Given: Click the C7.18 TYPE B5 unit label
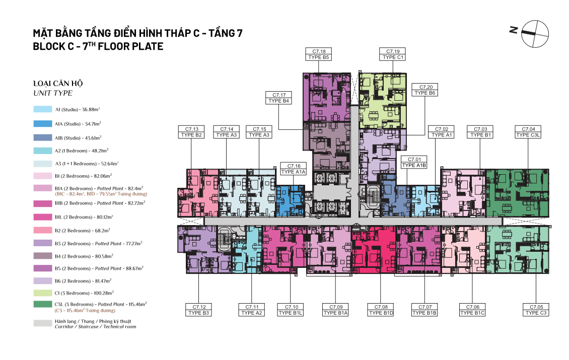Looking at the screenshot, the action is (319, 54).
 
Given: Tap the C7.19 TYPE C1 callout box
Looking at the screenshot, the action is (393, 54).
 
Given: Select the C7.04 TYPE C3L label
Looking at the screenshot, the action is (528, 132).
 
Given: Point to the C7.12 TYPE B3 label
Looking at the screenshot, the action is (199, 310).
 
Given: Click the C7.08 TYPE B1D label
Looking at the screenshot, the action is (381, 310).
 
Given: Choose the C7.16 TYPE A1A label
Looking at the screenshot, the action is (294, 169).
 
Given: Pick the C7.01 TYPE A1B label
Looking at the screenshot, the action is (414, 162).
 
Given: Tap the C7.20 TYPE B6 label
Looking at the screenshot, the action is (425, 90).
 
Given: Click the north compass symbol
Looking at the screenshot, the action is (534, 34).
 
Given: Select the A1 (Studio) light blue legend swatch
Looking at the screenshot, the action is (43, 109).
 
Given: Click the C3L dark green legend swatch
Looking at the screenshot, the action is (43, 304).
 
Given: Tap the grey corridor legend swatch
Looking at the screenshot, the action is (43, 323).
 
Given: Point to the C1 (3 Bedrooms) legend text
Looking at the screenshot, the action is (84, 293).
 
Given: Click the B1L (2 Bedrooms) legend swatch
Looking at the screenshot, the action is (43, 217).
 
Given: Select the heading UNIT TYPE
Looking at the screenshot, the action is (52, 93).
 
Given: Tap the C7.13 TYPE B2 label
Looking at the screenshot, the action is (191, 132).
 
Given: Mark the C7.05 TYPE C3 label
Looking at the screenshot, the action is (536, 310).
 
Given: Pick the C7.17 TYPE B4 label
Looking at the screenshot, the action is (278, 98).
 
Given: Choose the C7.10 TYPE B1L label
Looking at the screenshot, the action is (291, 310).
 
